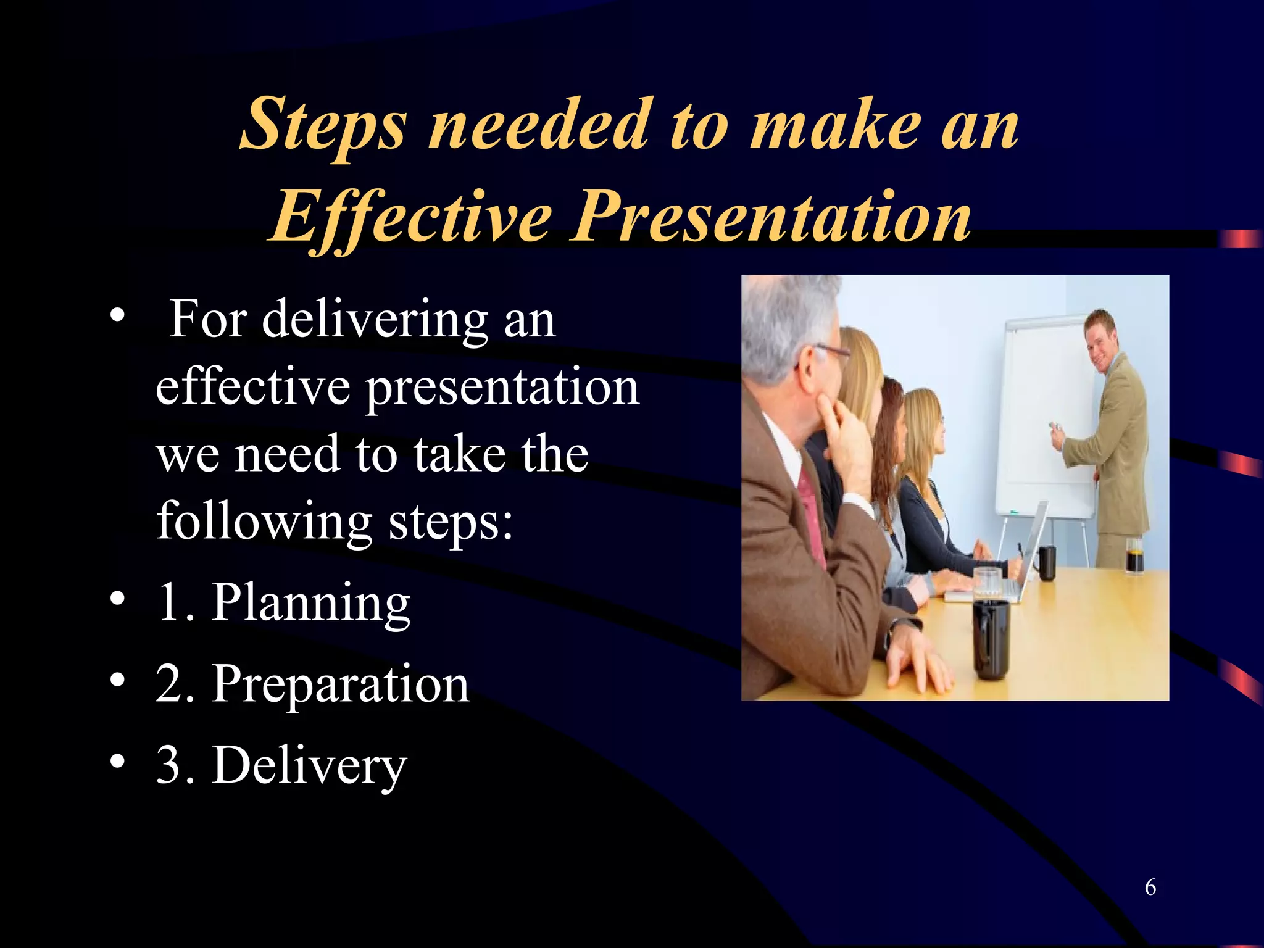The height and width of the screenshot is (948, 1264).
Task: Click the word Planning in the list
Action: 311,603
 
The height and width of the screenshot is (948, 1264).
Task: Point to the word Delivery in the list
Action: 309,766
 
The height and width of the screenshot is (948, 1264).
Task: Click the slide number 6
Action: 1150,887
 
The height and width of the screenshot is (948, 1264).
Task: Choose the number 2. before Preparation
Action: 175,684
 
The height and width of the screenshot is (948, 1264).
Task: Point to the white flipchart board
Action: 1043,420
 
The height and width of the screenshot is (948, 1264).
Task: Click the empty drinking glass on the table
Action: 987,583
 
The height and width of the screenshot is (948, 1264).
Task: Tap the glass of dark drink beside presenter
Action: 1134,555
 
